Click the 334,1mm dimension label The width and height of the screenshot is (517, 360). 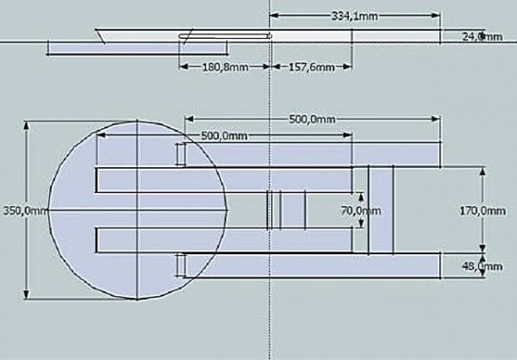coord(354,16)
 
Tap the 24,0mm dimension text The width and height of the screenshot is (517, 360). coord(482,36)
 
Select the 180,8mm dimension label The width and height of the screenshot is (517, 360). coord(225,67)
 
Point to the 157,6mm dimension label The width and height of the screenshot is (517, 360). coord(312,67)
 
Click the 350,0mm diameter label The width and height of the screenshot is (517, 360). coord(26,211)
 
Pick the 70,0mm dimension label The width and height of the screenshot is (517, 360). coord(361,210)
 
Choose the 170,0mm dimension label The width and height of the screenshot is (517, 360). coord(483,210)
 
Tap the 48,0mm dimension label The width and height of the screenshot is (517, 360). coord(483,266)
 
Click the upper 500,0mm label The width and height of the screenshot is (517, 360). coord(312,119)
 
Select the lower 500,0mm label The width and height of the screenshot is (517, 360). coord(224,135)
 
